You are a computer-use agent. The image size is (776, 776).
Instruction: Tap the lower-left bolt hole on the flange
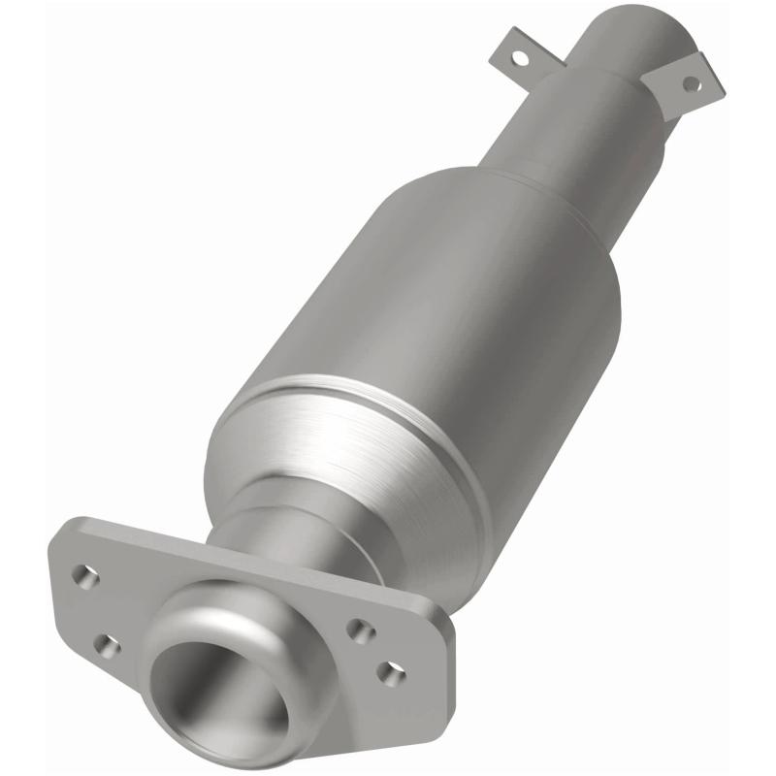(x=107, y=645)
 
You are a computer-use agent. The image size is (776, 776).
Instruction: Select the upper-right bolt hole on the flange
(x=361, y=631)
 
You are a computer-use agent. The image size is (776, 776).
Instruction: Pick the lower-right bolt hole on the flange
(x=390, y=673)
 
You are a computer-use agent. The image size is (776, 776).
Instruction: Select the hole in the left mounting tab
(x=521, y=59)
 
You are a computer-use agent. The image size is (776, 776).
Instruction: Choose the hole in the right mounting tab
(x=691, y=83)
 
